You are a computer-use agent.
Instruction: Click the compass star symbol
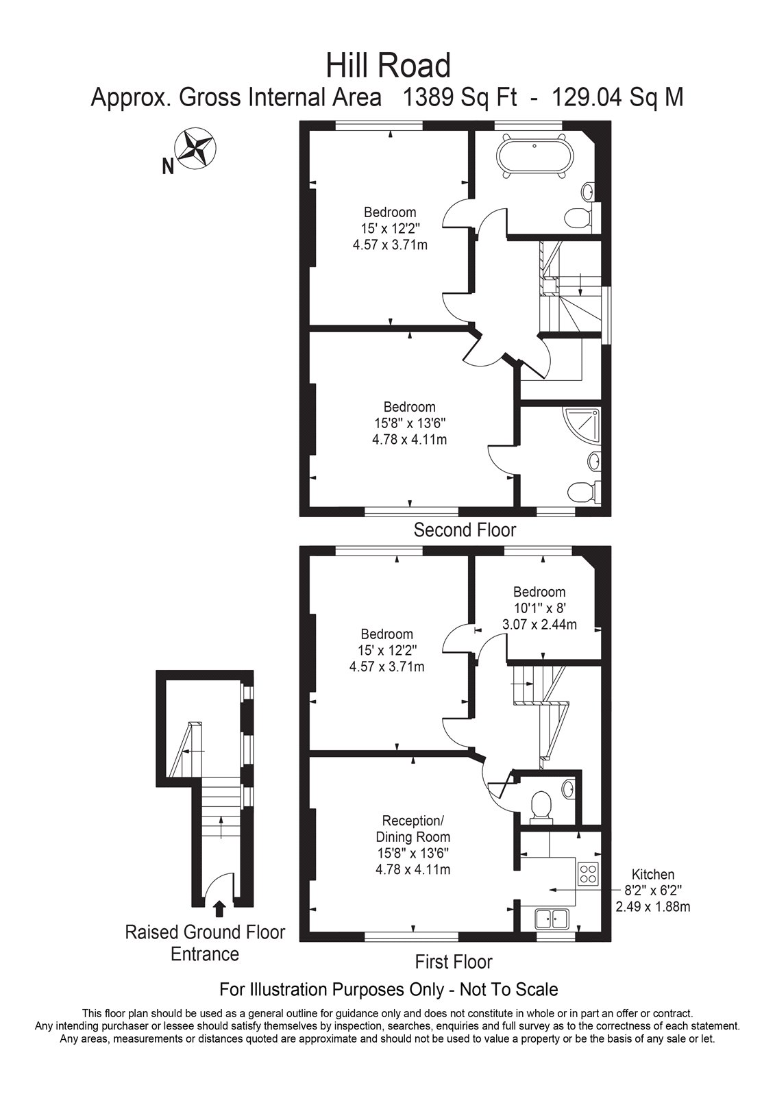coord(196,147)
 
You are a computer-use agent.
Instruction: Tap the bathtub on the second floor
coord(535,158)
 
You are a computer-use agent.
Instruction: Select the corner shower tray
coord(582,424)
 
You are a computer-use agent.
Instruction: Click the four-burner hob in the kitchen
coord(588,873)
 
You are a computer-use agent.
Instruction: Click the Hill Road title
coord(389,66)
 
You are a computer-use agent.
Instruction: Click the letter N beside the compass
coord(168,167)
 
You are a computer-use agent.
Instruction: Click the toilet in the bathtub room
coord(578,216)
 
